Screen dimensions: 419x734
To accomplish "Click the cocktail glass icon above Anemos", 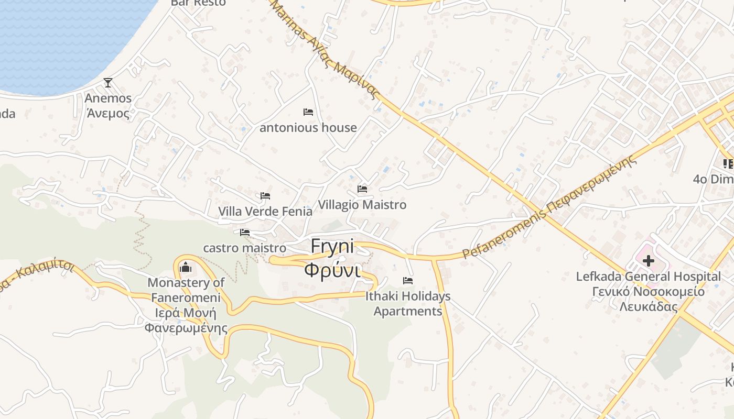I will [x=108, y=82].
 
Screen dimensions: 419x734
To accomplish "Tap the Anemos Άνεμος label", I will [x=108, y=106].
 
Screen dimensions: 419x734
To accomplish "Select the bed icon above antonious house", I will [x=308, y=112].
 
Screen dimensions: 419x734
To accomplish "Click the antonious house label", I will [x=308, y=127].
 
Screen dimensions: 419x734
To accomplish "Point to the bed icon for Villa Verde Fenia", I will [x=265, y=196].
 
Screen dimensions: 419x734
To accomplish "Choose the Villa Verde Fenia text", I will [x=265, y=212].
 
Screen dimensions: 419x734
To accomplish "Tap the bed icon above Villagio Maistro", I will [x=362, y=189].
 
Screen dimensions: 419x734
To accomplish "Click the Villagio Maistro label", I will [x=362, y=205].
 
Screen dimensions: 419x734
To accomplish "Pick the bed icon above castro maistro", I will [x=245, y=233].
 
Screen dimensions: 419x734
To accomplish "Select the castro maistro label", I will [x=245, y=248].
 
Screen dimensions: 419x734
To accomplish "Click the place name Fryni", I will [x=332, y=246].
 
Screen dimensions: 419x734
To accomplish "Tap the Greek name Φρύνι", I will [x=332, y=270].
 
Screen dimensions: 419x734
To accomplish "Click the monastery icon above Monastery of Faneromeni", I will [x=186, y=268].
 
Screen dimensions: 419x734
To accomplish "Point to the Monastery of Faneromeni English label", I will [x=186, y=290].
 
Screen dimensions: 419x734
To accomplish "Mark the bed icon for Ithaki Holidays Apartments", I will [x=408, y=281].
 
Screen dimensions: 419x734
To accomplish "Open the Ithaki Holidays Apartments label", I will [x=408, y=304].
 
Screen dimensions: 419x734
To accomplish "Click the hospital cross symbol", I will [x=649, y=260].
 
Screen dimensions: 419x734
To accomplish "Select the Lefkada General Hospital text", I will [x=649, y=276].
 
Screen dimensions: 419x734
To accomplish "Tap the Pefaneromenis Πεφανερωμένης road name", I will [x=550, y=207].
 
